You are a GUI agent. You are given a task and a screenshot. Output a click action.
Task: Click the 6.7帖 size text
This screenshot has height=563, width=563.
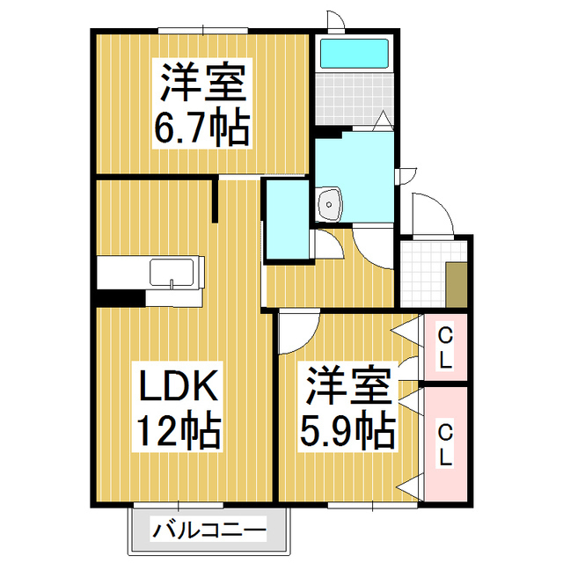[x=202, y=128]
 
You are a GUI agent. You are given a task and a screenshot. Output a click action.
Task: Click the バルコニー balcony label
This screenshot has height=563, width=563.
[x=209, y=530]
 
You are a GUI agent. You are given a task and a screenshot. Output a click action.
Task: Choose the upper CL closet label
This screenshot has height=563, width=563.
[x=445, y=347]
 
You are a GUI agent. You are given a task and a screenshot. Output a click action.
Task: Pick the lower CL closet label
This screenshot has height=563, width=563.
[x=445, y=445]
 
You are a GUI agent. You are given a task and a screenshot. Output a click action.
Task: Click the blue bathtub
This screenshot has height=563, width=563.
[x=353, y=54]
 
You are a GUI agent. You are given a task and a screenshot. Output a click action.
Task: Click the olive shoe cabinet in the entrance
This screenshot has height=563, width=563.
[x=456, y=283]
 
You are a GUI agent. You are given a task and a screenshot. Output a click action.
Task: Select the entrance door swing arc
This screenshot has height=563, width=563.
[x=431, y=216]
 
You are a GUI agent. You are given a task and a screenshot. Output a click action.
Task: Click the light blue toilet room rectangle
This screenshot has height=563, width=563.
[x=287, y=220]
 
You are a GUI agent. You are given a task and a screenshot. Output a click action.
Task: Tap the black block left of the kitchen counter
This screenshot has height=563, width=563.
[x=119, y=298]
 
